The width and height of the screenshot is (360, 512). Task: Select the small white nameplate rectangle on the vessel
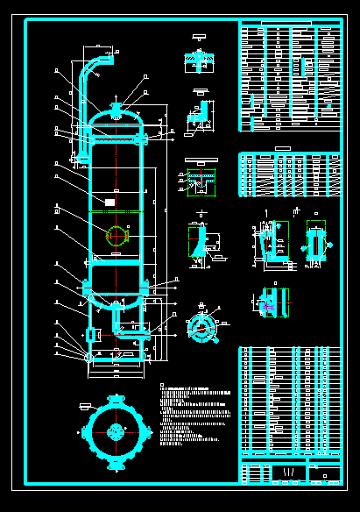point(109,202)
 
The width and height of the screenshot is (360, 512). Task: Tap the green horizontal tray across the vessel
point(116,212)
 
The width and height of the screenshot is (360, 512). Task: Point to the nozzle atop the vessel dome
point(116,109)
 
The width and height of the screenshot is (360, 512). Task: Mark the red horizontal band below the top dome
point(116,139)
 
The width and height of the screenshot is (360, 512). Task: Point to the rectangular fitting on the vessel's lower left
point(90,335)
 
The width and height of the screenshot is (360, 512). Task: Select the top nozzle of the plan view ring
point(116,400)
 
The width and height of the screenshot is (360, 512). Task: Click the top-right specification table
point(289,77)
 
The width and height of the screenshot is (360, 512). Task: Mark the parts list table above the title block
point(289,400)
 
